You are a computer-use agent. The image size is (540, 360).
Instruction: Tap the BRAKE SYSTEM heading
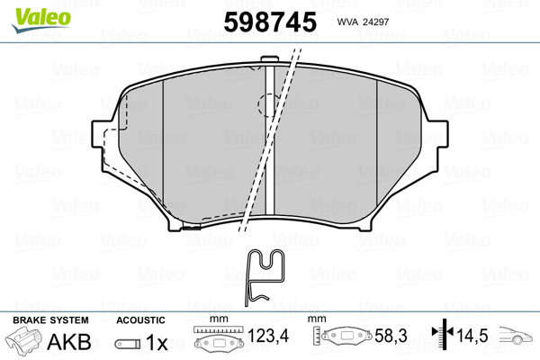49,319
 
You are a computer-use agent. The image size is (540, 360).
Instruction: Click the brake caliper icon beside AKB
25,343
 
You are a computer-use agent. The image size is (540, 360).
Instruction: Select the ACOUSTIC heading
140,319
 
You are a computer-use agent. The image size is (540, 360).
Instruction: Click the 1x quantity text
157,342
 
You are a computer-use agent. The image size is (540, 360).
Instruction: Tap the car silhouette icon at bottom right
517,341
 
